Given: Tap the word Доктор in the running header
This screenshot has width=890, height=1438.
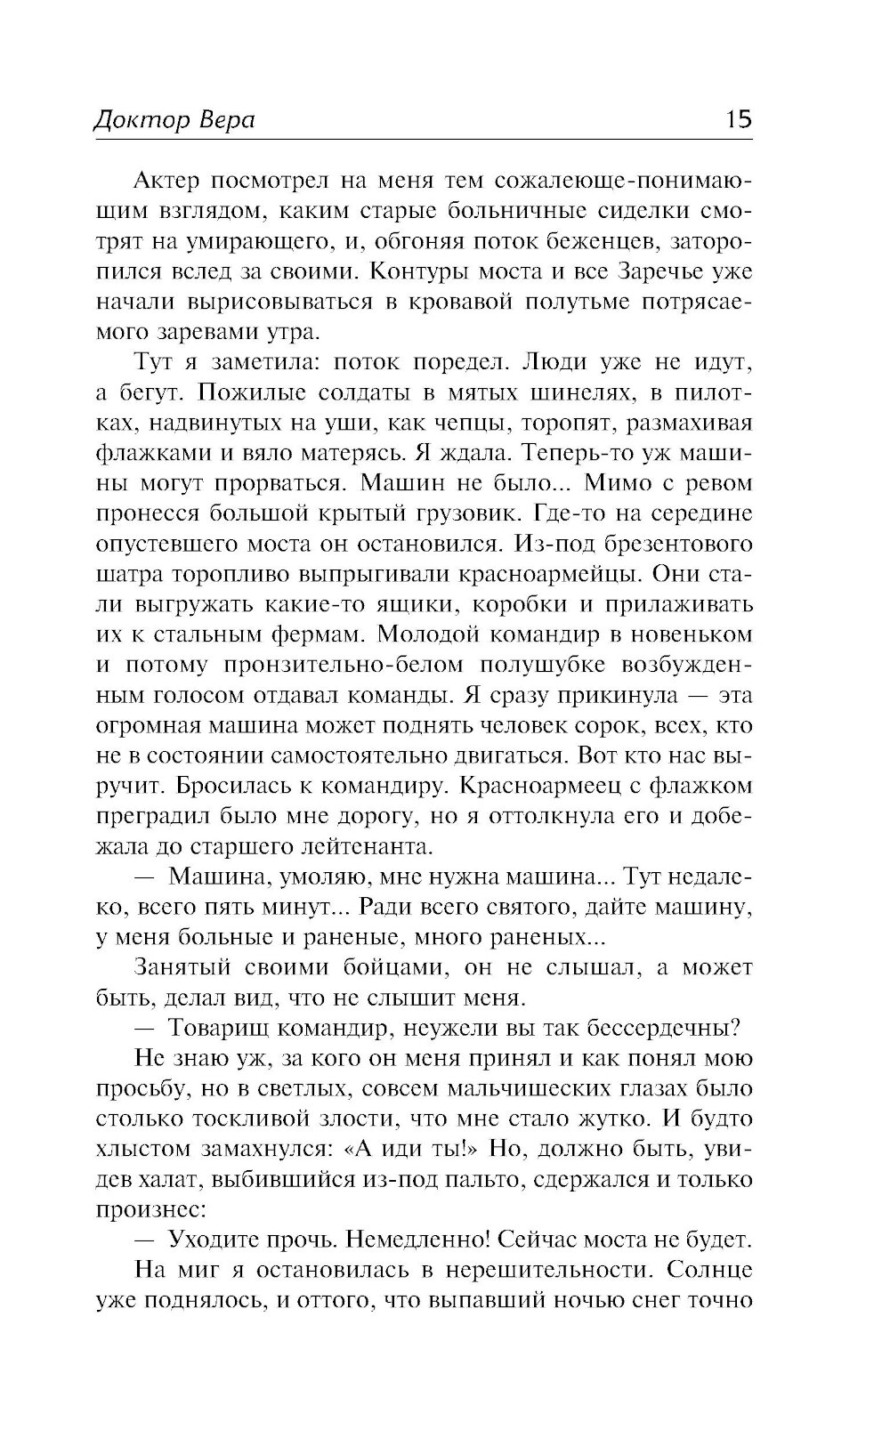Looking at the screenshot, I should pos(136,121).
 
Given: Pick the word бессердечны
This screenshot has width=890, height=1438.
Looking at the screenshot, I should pos(657,1028).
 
